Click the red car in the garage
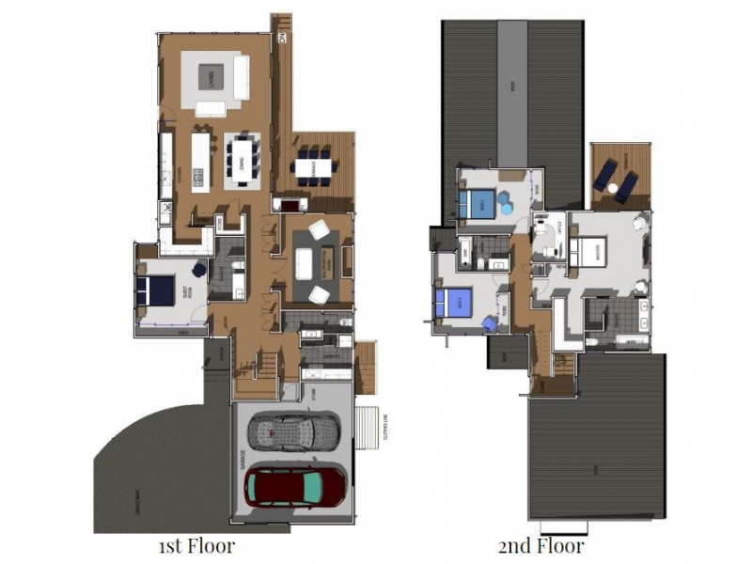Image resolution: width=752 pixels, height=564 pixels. click(295, 486)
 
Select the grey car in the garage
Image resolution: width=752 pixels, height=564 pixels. click(293, 431)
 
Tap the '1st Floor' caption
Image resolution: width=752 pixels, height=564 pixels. click(197, 545)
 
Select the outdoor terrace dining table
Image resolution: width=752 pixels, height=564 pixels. click(313, 167)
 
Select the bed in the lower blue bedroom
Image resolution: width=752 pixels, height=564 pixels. click(457, 302)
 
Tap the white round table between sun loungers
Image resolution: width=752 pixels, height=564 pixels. click(613, 188)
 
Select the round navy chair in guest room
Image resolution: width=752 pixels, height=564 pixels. click(199, 270)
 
